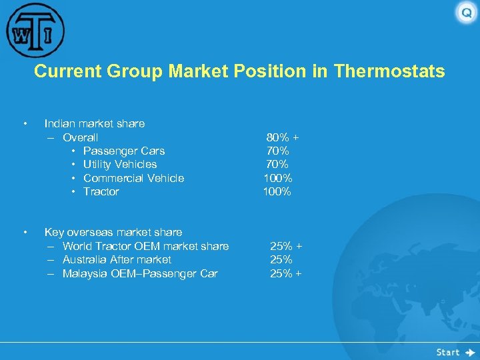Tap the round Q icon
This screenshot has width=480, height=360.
(x=465, y=13)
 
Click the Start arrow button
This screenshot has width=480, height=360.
(x=455, y=352)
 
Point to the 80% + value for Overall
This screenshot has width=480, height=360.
(x=282, y=137)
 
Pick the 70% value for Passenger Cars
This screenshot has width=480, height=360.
(x=277, y=151)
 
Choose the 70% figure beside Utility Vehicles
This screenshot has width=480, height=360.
(x=277, y=164)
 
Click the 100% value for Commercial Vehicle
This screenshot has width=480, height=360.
(x=277, y=178)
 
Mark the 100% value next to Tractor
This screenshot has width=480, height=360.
(x=277, y=191)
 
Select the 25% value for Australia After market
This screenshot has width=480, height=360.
(x=281, y=259)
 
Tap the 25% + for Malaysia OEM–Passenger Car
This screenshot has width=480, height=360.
(x=285, y=273)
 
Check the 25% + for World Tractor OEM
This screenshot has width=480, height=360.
(x=285, y=246)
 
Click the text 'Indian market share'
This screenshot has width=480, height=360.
(x=94, y=123)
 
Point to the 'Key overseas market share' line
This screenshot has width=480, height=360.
(x=113, y=232)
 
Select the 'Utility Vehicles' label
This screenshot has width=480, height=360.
(x=120, y=164)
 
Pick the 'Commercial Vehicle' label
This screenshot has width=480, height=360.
(x=133, y=178)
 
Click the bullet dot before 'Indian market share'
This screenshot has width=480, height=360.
(x=24, y=123)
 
